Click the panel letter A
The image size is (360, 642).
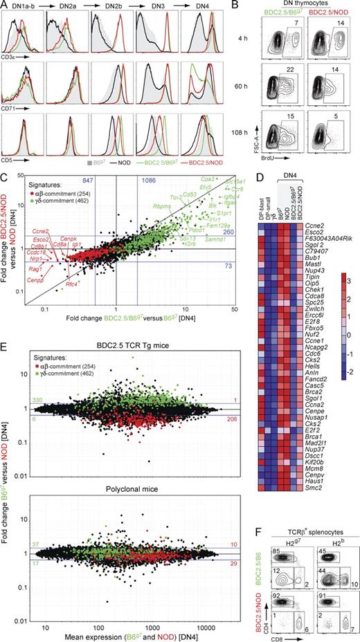[4, 5]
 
